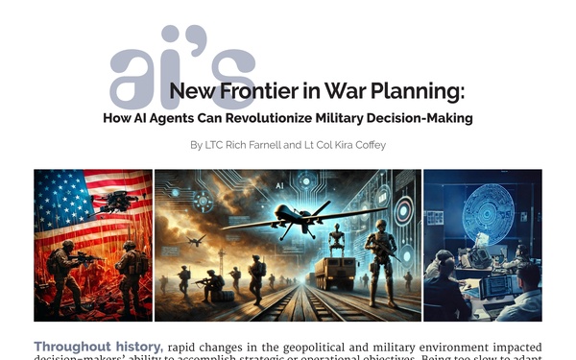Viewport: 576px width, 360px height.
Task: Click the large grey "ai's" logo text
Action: (182, 69)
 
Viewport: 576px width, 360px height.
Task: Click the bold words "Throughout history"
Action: (97, 347)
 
